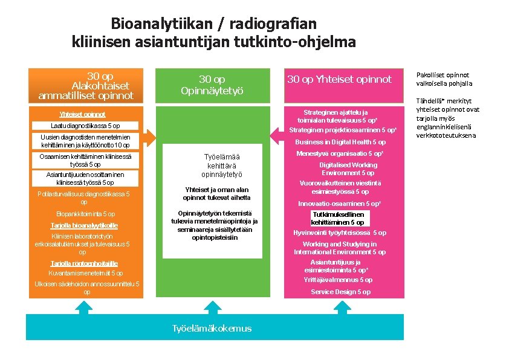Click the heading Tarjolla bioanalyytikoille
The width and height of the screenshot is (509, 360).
(84, 225)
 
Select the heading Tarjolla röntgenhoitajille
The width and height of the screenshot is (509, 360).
(84, 263)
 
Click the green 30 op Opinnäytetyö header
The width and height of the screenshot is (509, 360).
(212, 85)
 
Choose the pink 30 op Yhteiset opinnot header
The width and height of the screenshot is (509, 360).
(339, 79)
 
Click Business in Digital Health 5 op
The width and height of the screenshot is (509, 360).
(340, 142)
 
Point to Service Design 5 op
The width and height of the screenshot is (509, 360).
(340, 292)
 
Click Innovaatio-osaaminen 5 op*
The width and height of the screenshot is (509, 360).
(339, 204)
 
